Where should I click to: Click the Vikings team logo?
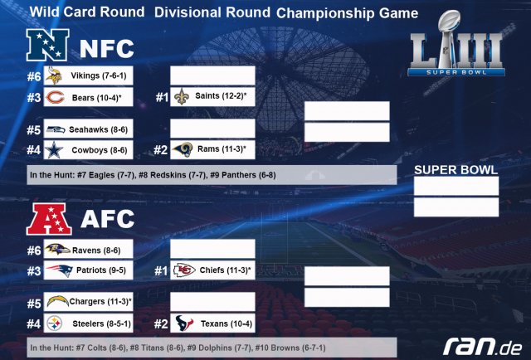(x=54, y=75)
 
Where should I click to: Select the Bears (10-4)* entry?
(x=89, y=97)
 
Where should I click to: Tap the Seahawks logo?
(x=56, y=129)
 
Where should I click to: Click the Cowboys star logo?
(x=54, y=150)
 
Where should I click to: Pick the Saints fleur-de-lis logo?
(x=181, y=96)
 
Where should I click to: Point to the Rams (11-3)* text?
(x=222, y=149)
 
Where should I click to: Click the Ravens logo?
(x=57, y=249)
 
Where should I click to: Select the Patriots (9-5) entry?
(x=89, y=270)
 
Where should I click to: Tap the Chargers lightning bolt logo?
(x=57, y=301)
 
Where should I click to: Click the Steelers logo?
(x=55, y=324)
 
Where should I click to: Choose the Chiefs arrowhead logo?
(x=184, y=270)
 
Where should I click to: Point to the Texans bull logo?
(x=184, y=323)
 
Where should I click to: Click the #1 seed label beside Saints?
(x=162, y=98)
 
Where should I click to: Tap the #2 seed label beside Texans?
(x=161, y=324)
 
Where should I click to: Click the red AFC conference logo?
(x=49, y=219)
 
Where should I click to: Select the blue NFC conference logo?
(x=48, y=45)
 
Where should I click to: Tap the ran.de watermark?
(x=482, y=346)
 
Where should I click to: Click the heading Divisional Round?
(x=212, y=12)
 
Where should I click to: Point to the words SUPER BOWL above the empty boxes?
(x=455, y=170)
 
